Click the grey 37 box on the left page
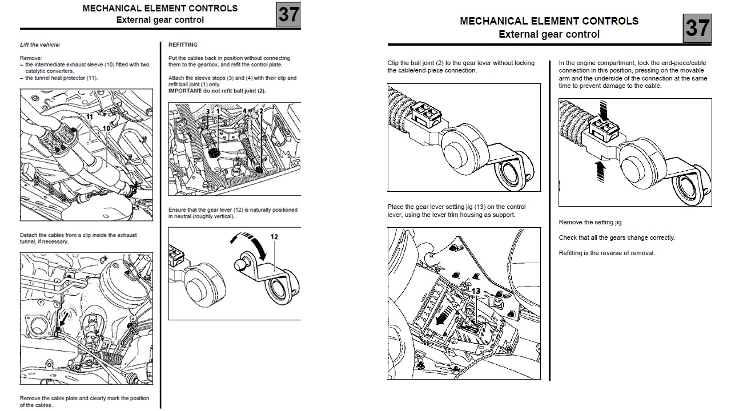click(288, 14)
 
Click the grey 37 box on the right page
click(697, 28)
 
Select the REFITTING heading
click(183, 45)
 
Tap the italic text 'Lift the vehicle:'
click(40, 45)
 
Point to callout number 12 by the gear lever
click(275, 236)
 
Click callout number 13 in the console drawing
click(476, 291)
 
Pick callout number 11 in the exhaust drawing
click(89, 116)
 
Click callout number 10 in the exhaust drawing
click(106, 128)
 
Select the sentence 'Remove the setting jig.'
click(591, 222)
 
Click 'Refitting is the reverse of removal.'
click(607, 253)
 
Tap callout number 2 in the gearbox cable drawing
click(261, 111)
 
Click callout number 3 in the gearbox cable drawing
click(207, 111)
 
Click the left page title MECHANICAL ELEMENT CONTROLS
click(160, 9)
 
